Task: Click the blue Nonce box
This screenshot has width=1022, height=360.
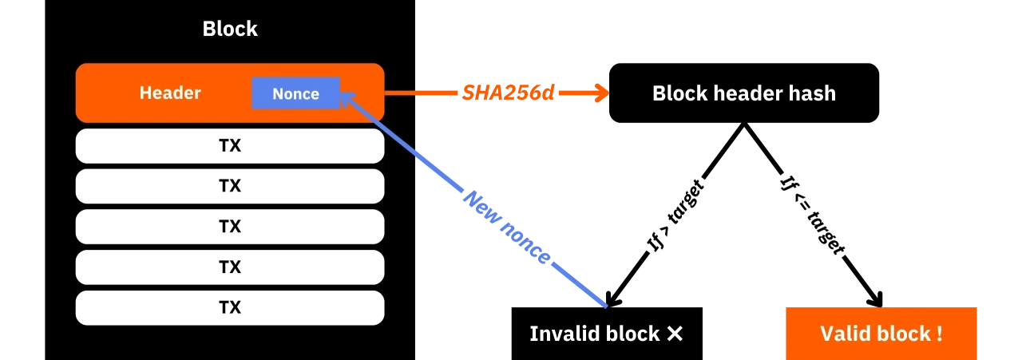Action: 295,93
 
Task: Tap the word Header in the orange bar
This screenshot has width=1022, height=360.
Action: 170,93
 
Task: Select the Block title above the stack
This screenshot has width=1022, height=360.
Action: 230,30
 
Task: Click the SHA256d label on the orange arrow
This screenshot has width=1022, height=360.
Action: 497,93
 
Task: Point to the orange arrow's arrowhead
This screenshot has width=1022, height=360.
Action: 603,93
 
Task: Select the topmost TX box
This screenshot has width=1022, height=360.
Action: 230,146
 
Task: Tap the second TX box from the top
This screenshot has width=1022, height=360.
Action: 230,186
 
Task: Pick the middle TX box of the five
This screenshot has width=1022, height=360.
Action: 230,227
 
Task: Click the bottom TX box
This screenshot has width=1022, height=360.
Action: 230,307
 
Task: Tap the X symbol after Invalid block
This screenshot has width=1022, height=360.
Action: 675,334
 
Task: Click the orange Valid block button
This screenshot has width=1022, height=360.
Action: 881,334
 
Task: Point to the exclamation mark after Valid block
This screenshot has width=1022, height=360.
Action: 939,334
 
